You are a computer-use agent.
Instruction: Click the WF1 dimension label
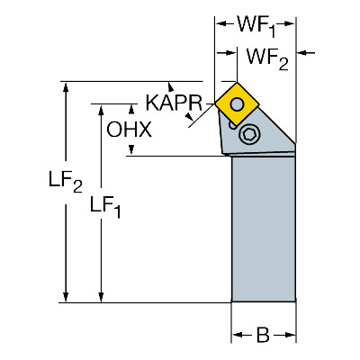256,25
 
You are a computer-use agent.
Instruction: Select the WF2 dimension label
267,59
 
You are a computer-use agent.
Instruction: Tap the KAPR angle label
174,103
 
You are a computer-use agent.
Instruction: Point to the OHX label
130,130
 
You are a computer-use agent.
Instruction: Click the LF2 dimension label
66,183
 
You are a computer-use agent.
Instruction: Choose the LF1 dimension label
105,208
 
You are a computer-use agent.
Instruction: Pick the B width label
263,335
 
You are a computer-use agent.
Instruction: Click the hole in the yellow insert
237,103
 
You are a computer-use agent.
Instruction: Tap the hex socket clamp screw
249,134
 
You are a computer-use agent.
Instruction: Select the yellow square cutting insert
237,103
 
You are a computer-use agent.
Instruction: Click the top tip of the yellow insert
237,83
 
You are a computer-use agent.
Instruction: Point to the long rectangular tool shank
264,229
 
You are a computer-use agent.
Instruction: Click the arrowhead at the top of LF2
66,87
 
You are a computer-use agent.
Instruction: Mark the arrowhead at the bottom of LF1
101,297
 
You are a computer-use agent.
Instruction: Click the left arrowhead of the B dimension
237,335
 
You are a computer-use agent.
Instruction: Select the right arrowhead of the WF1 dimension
290,24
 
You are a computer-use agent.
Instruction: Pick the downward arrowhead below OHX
131,150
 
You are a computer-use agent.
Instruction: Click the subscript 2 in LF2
77,187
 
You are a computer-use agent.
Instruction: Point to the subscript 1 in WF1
272,31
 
